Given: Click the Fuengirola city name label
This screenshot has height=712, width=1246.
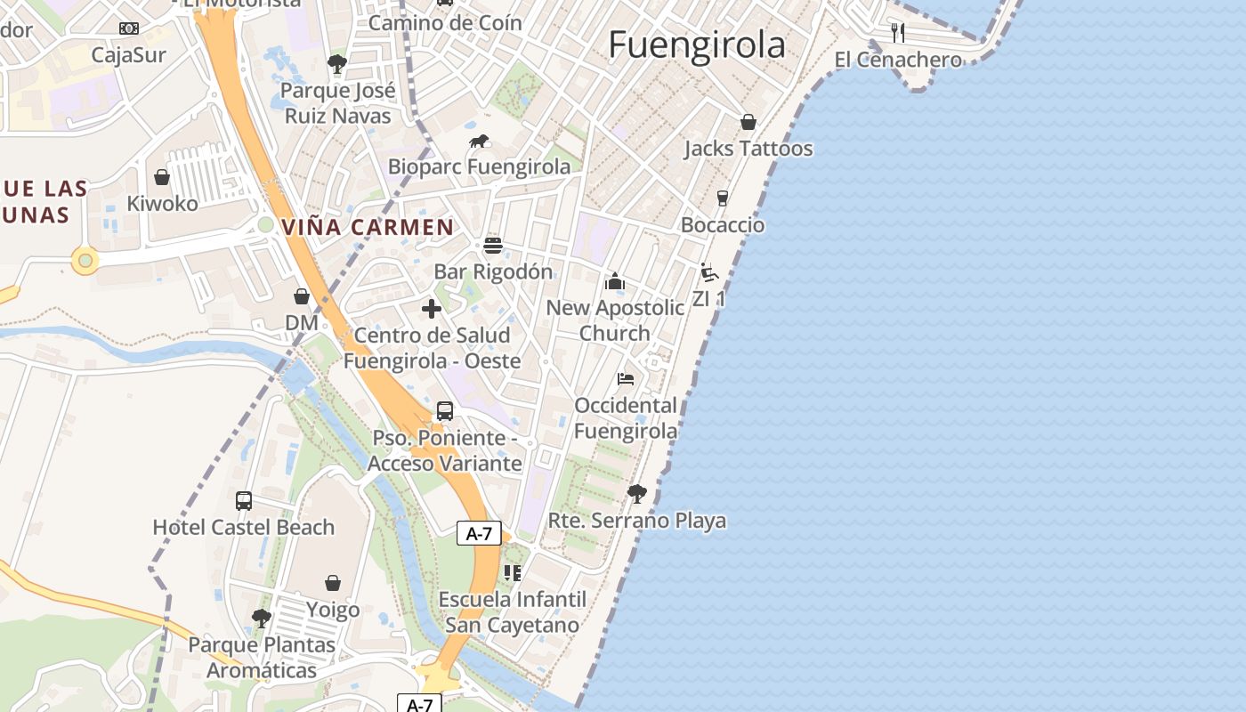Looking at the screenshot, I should pos(697,44).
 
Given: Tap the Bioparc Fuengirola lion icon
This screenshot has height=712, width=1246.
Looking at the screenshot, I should pos(479,141).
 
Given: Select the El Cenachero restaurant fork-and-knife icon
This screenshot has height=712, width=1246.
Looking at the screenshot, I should pos(898,33).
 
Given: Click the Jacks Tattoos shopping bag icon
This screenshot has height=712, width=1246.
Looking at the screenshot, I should pos(748,122).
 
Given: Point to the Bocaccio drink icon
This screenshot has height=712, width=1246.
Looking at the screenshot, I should pos(722,198).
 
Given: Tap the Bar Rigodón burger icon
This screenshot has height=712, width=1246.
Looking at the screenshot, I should pos(493,245).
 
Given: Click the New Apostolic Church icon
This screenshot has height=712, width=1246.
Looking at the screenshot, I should pos(615,282).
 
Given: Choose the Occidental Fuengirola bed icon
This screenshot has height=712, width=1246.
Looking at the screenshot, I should pos(626,379).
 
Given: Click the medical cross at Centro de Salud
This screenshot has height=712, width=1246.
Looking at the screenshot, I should pos(432,309).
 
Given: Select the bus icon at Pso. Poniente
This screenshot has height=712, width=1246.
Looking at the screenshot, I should pos(444,411).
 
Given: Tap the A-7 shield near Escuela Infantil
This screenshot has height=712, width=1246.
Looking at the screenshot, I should pos(479,533).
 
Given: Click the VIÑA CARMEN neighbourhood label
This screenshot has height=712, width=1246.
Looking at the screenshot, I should pos(368,227).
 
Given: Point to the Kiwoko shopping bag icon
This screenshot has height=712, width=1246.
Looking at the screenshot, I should pos(162,177).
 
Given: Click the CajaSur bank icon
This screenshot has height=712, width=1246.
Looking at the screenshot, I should pos(129,28).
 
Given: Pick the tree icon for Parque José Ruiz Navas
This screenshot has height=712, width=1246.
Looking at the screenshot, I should pos(336,63).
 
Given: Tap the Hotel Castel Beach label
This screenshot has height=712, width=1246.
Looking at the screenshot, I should pos(244,527).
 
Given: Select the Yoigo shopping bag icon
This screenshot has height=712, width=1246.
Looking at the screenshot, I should pos(333,583).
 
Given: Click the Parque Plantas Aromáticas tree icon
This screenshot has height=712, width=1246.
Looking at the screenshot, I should pos(262,618).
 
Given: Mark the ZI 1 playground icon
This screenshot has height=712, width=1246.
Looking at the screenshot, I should pos(709,272).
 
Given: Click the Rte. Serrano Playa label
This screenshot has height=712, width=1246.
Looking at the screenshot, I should pos(637,521).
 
